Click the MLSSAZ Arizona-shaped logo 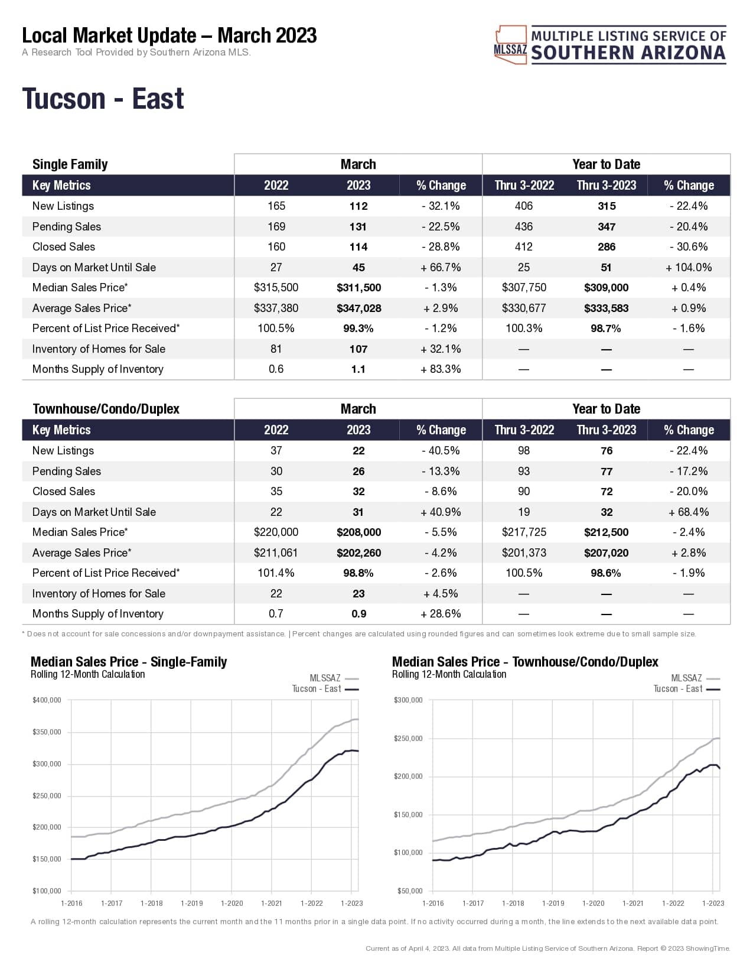(510, 44)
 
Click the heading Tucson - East (103, 99)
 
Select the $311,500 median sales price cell (358, 288)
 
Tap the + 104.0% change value (689, 268)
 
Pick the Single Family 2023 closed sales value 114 (358, 247)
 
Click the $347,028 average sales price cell (358, 308)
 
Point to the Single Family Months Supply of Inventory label (97, 369)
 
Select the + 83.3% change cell (441, 369)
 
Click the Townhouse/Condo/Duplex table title (106, 409)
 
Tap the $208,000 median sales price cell (358, 532)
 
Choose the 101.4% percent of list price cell (276, 573)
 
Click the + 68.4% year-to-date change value (689, 512)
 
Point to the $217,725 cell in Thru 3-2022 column (524, 532)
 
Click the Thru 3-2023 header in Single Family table (607, 186)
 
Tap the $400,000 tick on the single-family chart (47, 700)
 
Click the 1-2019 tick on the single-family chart (191, 903)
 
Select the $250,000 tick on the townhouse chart (408, 739)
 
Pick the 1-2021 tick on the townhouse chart (633, 903)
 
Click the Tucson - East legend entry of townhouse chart (678, 689)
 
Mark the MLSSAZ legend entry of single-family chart (325, 678)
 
